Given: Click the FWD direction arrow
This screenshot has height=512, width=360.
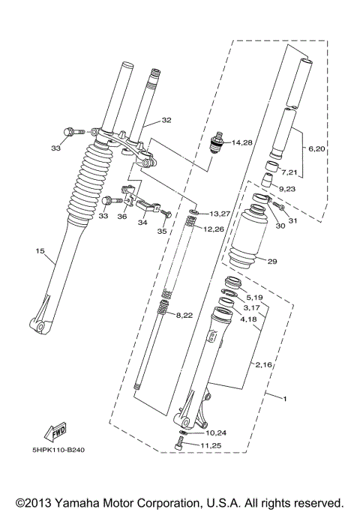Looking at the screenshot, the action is [55, 433].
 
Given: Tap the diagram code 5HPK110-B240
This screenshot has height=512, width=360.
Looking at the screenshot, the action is [58, 450].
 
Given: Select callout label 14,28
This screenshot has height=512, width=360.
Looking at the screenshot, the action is [242, 142].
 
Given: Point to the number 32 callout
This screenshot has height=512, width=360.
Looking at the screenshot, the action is [166, 120].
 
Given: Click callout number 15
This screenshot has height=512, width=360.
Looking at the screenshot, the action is [40, 251].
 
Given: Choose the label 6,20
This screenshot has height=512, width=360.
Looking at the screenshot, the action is [317, 148].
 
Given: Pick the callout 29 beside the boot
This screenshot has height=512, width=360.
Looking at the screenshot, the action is [272, 261].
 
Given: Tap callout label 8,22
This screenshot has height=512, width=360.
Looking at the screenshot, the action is [184, 315].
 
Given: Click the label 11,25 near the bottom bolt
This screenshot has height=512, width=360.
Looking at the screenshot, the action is [211, 445].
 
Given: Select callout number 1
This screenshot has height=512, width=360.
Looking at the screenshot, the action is [285, 399].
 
